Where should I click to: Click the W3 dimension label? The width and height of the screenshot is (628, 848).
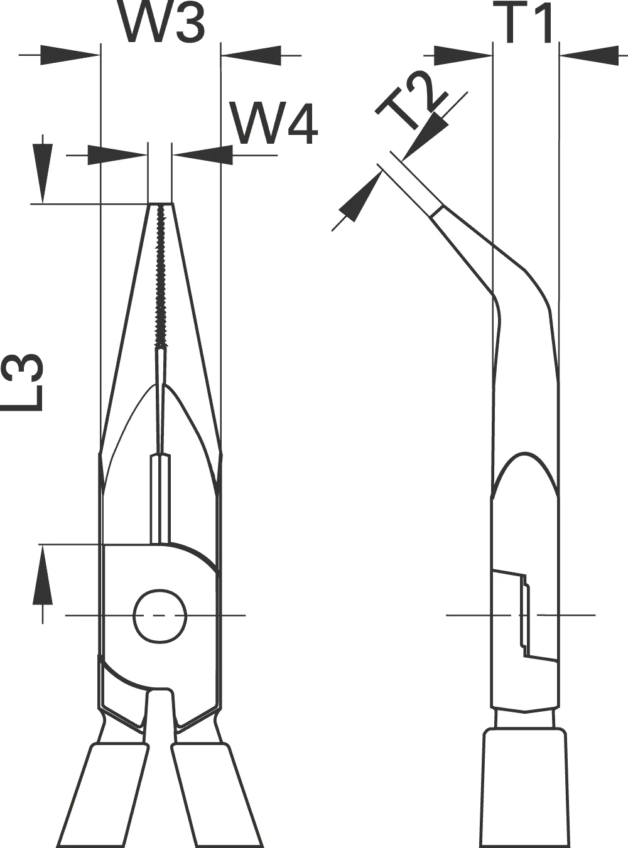click(x=164, y=22)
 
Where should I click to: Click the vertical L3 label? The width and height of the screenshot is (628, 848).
click(x=22, y=382)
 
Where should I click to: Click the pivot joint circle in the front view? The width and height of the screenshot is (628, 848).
click(x=160, y=615)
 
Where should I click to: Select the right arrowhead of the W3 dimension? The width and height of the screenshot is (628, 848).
click(x=251, y=55)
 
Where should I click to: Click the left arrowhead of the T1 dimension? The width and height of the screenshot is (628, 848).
click(x=463, y=55)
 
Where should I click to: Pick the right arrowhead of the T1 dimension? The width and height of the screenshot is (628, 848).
click(x=589, y=55)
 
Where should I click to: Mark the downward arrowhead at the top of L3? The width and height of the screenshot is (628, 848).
click(x=42, y=173)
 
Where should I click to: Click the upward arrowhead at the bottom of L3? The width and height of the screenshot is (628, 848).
click(x=43, y=574)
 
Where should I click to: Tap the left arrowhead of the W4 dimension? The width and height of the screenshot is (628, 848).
click(x=117, y=155)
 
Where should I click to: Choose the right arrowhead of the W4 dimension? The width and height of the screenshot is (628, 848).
click(x=202, y=155)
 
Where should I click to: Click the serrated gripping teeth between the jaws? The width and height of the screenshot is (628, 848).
click(x=161, y=276)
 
